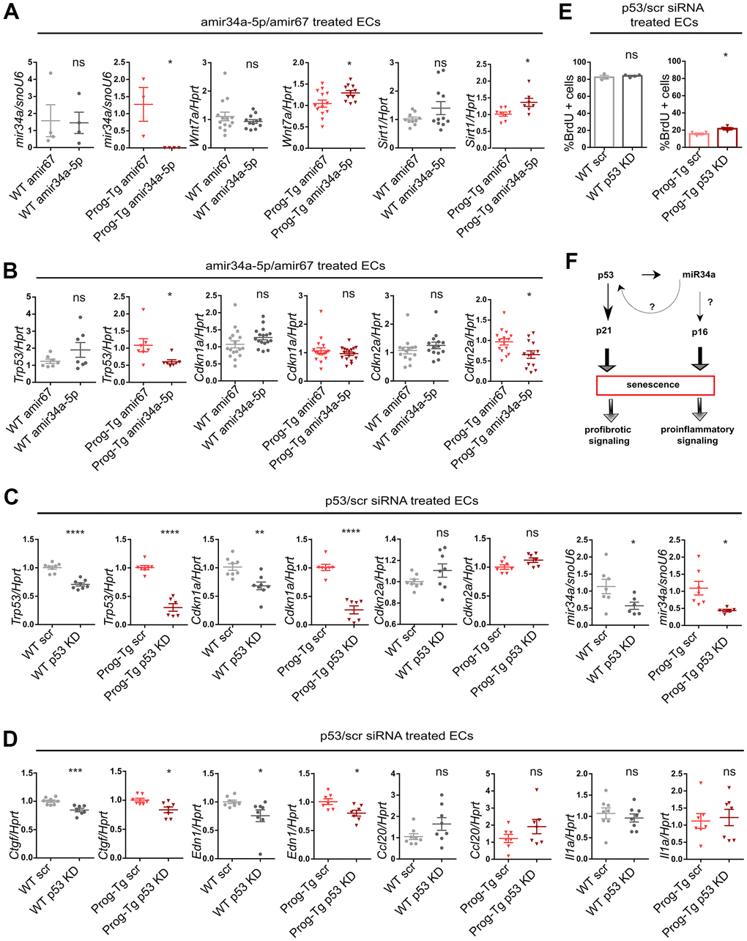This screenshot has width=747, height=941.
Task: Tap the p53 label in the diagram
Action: pyautogui.click(x=606, y=274)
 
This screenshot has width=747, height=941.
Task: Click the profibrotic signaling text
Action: pyautogui.click(x=608, y=435)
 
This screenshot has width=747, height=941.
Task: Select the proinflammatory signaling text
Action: pyautogui.click(x=697, y=435)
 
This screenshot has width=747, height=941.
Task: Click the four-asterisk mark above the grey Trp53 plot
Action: pyautogui.click(x=76, y=531)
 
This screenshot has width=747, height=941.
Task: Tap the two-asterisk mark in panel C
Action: pyautogui.click(x=259, y=531)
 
